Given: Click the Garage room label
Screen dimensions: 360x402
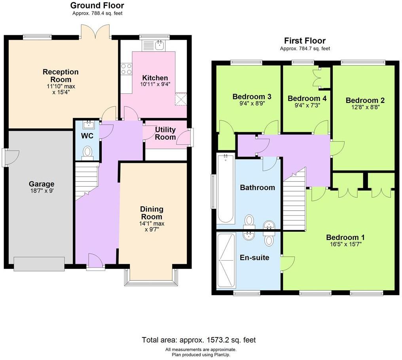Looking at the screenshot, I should click(42, 184).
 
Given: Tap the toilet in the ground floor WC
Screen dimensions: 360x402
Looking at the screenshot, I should click(88, 151).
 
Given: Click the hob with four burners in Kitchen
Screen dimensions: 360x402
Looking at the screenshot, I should click(127, 69).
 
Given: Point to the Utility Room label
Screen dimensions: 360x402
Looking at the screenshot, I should click(165, 133).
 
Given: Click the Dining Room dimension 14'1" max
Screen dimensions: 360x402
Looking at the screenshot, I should click(152, 223).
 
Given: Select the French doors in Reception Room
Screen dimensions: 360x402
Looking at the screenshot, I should click(95, 32).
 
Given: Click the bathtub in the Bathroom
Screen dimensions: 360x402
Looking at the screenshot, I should click(226, 189).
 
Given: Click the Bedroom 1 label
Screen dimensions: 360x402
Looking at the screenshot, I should click(345, 237).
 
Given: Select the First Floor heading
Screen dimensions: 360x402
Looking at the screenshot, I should click(305, 41).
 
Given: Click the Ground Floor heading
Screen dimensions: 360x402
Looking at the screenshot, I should click(97, 6).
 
